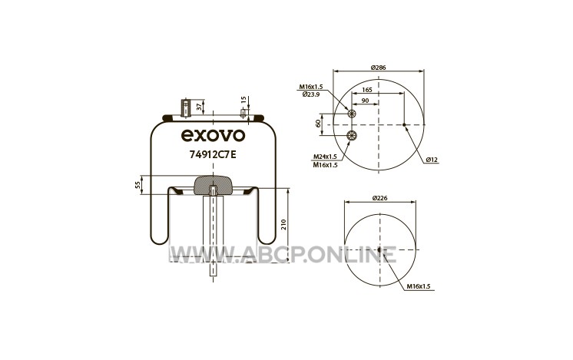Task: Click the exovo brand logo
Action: pos(214,135)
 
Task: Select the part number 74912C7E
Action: pos(213,154)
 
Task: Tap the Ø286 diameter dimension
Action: pos(378,68)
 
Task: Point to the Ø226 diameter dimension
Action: pos(379,198)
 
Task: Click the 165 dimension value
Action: pos(367,90)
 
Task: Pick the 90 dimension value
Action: pos(365,101)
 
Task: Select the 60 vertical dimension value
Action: pos(318,124)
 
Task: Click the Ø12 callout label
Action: pos(432,160)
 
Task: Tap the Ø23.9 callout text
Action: pos(311,94)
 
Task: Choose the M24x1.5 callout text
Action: pos(325,157)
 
